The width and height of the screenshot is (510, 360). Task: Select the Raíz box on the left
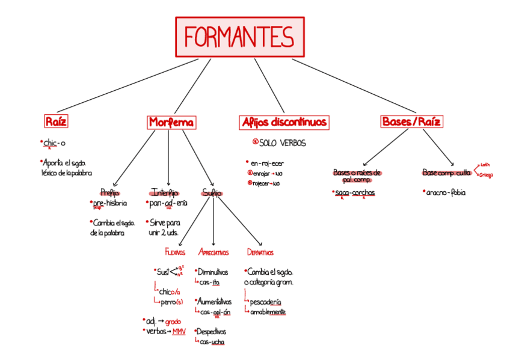pyautogui.click(x=56, y=122)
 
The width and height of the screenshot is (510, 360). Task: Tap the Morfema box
pyautogui.click(x=171, y=123)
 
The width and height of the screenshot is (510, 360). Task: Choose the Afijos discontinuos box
pyautogui.click(x=284, y=123)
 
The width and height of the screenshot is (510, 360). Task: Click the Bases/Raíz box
pyautogui.click(x=412, y=122)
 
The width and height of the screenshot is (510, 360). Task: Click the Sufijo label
pyautogui.click(x=212, y=193)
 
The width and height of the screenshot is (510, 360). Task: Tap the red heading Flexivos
pyautogui.click(x=175, y=252)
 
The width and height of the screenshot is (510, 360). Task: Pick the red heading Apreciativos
pyautogui.click(x=214, y=252)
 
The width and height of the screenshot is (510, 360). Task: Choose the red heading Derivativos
pyautogui.click(x=260, y=252)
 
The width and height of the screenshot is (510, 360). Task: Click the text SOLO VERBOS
pyautogui.click(x=282, y=143)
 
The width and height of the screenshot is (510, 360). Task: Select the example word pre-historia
pyautogui.click(x=110, y=203)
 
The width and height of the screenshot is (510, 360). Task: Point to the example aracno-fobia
pyautogui.click(x=446, y=193)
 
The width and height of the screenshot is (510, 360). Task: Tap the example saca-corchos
pyautogui.click(x=355, y=193)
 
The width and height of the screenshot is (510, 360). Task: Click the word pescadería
pyautogui.click(x=265, y=301)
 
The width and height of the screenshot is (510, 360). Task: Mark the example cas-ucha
pyautogui.click(x=212, y=342)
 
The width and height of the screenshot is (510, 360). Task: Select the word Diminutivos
pyautogui.click(x=213, y=272)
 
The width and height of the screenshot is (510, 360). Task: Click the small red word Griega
pyautogui.click(x=486, y=175)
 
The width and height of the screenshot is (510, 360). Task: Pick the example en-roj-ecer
pyautogui.click(x=268, y=163)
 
